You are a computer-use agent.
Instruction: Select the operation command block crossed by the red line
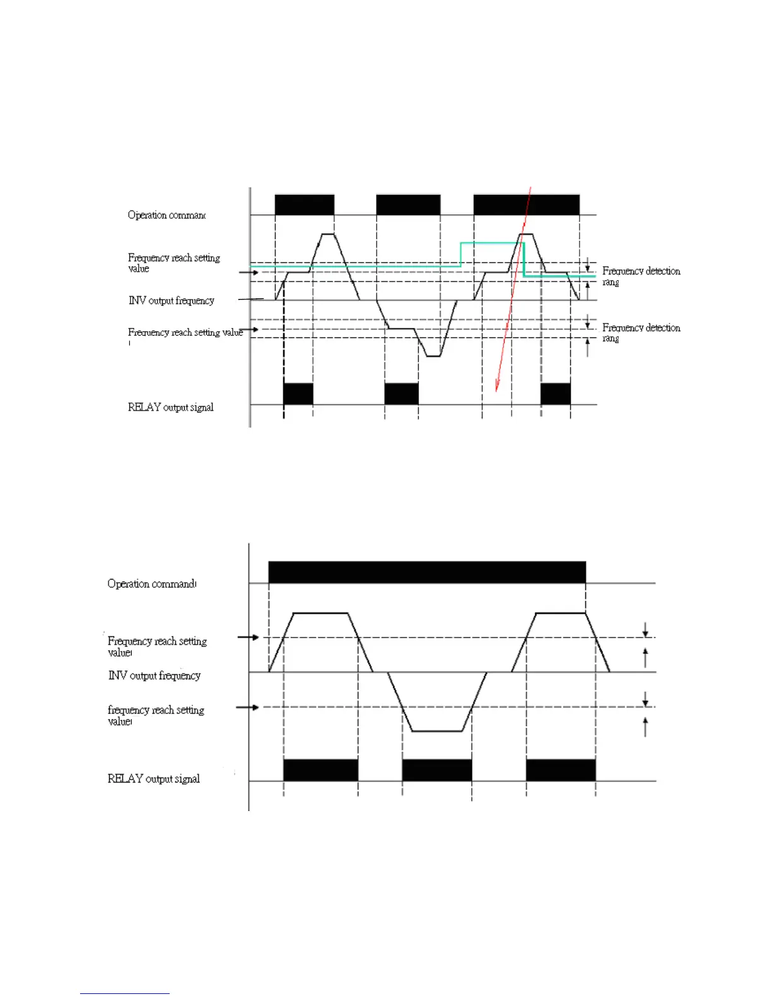pos(526,205)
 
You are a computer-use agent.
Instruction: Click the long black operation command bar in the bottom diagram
pos(427,572)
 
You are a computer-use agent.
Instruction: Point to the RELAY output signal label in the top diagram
pos(170,407)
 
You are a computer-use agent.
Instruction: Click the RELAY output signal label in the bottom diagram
pos(153,779)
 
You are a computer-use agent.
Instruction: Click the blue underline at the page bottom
pos(124,993)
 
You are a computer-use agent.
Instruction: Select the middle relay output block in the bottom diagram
pos(436,770)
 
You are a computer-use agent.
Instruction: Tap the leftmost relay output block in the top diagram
pos(298,394)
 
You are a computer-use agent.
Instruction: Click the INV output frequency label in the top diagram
pos(172,301)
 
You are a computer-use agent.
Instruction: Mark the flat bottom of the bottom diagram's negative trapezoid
pos(437,731)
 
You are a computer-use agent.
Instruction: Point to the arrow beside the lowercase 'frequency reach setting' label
pos(247,708)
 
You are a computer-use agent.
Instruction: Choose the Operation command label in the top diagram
pos(167,215)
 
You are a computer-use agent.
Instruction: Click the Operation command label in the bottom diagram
pos(151,584)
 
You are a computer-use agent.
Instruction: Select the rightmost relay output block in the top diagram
pos(556,394)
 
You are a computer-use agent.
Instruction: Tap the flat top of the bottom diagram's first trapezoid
pos(321,612)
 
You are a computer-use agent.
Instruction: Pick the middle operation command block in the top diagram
pos(408,205)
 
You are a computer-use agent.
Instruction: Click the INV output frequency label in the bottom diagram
pos(155,675)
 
